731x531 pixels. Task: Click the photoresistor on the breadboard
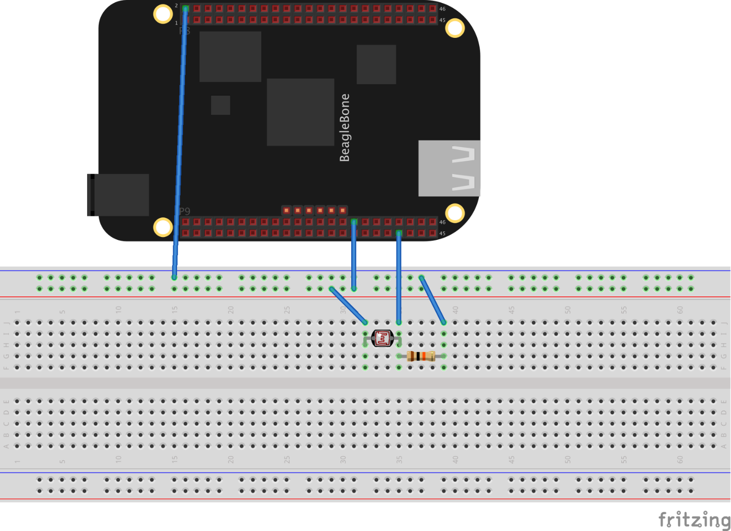point(382,338)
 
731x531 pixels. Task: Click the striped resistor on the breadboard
point(421,356)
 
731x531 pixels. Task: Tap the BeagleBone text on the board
point(344,128)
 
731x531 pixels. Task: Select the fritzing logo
point(694,520)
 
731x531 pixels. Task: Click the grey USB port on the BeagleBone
point(449,168)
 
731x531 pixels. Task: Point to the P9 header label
point(184,211)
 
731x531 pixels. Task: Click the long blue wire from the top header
point(180,143)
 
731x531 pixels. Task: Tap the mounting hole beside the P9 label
point(163,227)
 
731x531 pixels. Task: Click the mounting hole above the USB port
point(455,213)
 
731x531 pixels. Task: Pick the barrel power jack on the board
point(119,195)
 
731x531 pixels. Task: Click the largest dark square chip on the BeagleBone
point(300,112)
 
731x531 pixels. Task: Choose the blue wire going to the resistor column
point(432,300)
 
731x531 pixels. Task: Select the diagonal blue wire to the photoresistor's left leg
point(348,305)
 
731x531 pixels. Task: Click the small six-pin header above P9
point(314,210)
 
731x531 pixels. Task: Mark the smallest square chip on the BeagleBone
point(220,105)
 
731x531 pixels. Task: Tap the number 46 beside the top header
point(442,9)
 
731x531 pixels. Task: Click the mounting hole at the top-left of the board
point(163,14)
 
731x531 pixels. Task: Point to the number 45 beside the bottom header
point(442,234)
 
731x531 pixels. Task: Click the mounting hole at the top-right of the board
point(455,28)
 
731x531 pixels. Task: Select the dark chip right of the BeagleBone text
point(376,64)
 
